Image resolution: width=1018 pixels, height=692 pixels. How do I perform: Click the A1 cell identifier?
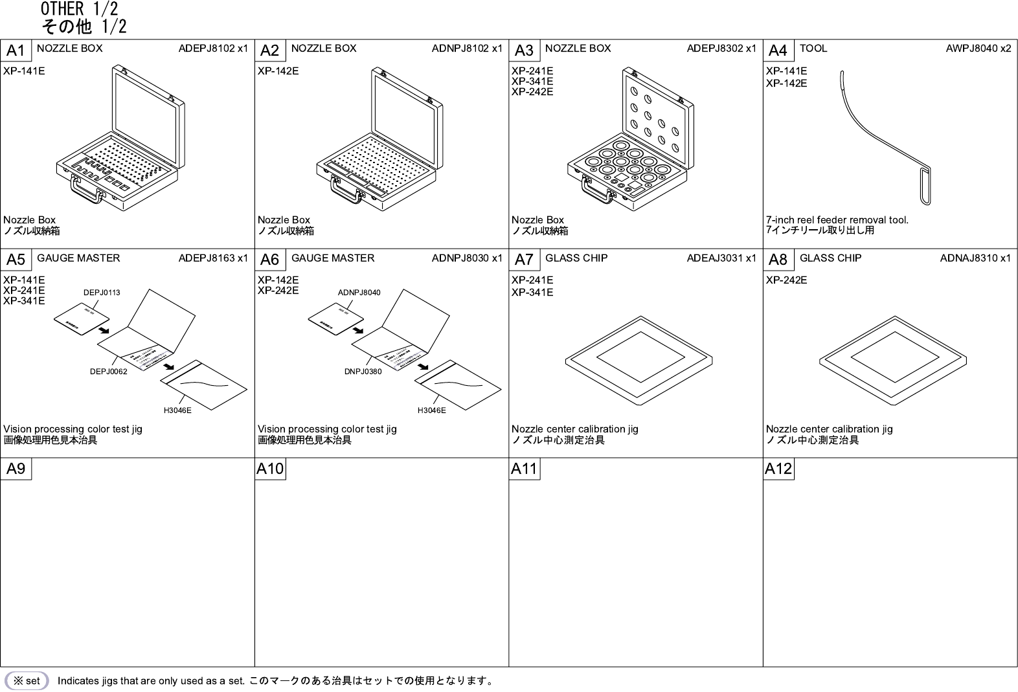pyautogui.click(x=16, y=50)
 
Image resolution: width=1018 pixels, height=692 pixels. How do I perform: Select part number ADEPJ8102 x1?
pyautogui.click(x=213, y=49)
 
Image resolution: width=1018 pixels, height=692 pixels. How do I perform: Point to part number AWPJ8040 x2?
pyautogui.click(x=978, y=49)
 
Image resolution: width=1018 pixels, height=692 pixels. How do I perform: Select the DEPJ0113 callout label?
pyautogui.click(x=102, y=293)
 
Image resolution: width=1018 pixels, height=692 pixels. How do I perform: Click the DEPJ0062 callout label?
pyautogui.click(x=108, y=372)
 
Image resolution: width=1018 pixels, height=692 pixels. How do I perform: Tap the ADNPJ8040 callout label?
pyautogui.click(x=359, y=293)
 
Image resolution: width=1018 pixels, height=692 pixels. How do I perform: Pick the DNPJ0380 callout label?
pyautogui.click(x=363, y=372)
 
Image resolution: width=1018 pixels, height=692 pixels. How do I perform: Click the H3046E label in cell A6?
pyautogui.click(x=431, y=410)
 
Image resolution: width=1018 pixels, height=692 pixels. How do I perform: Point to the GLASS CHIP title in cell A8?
pyautogui.click(x=830, y=258)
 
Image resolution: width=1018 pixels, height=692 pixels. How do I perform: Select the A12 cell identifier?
pyautogui.click(x=778, y=469)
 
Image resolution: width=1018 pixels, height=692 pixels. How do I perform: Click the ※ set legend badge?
pyautogui.click(x=27, y=681)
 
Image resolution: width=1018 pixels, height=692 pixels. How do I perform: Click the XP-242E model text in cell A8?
pyautogui.click(x=786, y=280)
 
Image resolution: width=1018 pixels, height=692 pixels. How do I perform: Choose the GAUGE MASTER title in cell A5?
pyautogui.click(x=78, y=258)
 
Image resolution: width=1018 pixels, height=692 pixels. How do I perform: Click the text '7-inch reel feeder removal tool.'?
pyautogui.click(x=837, y=220)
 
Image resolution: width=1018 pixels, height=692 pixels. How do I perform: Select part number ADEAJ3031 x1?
pyautogui.click(x=721, y=258)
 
